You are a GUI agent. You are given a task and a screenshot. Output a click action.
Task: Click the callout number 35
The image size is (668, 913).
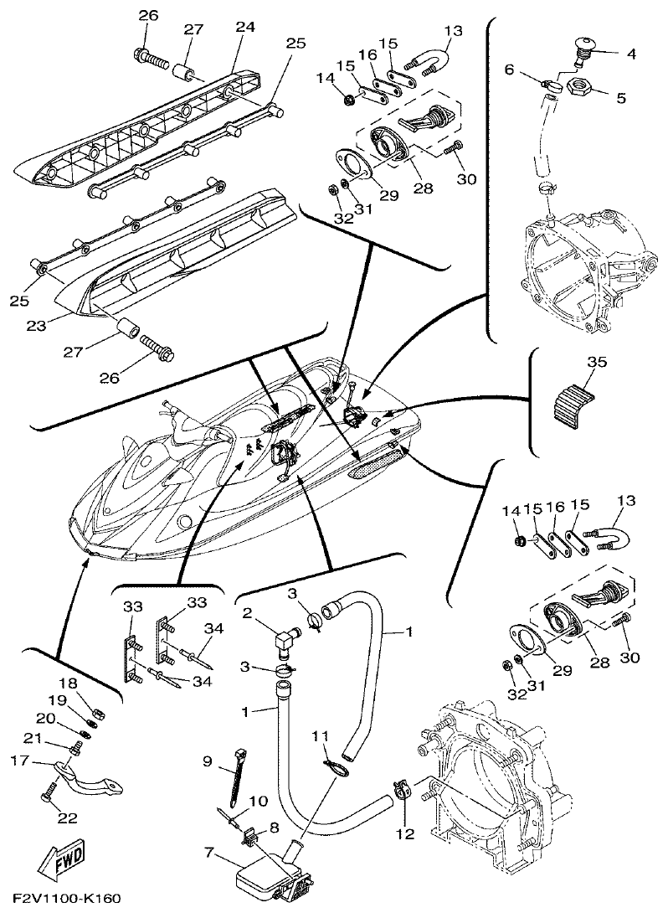pos(596,363)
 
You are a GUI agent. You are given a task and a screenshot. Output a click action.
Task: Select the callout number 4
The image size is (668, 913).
pos(630,54)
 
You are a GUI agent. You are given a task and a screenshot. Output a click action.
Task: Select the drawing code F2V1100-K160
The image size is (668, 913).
pos(66,900)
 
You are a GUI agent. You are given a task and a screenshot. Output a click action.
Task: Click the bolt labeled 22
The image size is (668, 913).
pos(50,790)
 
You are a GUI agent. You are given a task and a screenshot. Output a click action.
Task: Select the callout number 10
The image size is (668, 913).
pos(259,802)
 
